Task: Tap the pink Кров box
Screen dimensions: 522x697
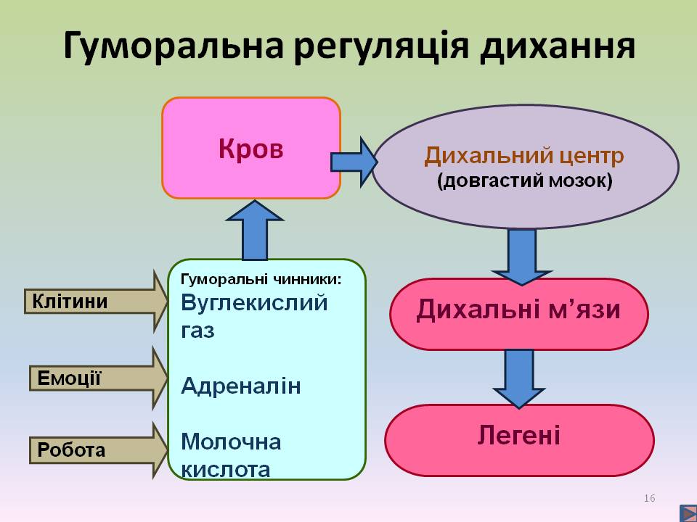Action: coord(251,149)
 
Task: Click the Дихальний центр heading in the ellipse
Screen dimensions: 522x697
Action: coord(524,156)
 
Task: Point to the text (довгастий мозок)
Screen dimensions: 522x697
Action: coord(524,181)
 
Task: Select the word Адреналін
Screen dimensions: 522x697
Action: coord(240,386)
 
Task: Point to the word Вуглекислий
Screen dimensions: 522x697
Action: coord(254,302)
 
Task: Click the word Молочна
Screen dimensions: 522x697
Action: coord(231,441)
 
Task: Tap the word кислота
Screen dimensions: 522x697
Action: coord(226,468)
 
